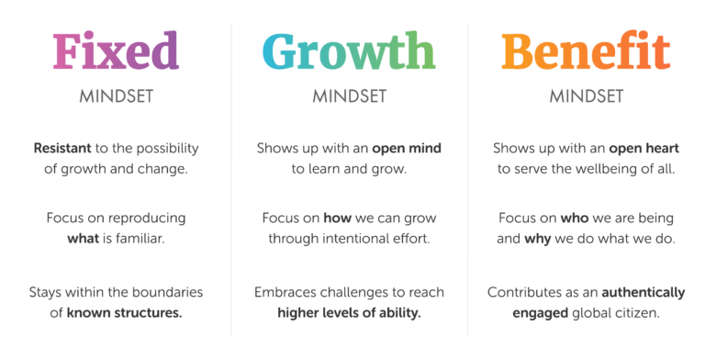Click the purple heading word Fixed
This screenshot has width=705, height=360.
(116, 51)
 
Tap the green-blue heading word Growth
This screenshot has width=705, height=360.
(349, 51)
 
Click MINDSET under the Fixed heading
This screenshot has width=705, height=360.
(116, 96)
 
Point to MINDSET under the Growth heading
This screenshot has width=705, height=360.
(349, 96)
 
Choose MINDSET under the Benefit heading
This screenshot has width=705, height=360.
(586, 96)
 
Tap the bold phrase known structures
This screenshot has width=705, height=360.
(125, 313)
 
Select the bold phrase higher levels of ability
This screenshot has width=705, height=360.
(349, 313)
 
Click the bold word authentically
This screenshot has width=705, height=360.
(643, 293)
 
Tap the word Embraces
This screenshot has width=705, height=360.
(285, 293)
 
